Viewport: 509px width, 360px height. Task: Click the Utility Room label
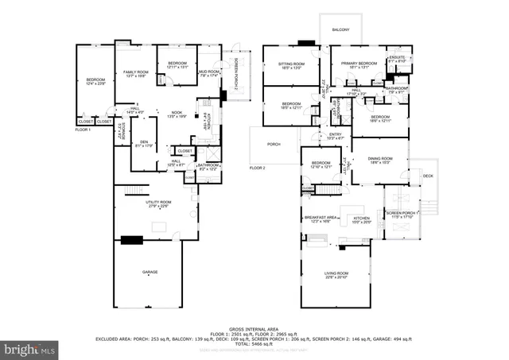(x=158, y=203)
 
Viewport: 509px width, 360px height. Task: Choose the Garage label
(x=150, y=273)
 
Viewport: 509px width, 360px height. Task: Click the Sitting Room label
(x=292, y=65)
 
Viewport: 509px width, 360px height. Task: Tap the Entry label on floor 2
(x=336, y=137)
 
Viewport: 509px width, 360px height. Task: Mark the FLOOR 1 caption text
(x=84, y=129)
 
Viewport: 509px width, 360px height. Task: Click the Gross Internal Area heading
(x=253, y=327)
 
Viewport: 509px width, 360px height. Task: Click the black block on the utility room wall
(x=132, y=238)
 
